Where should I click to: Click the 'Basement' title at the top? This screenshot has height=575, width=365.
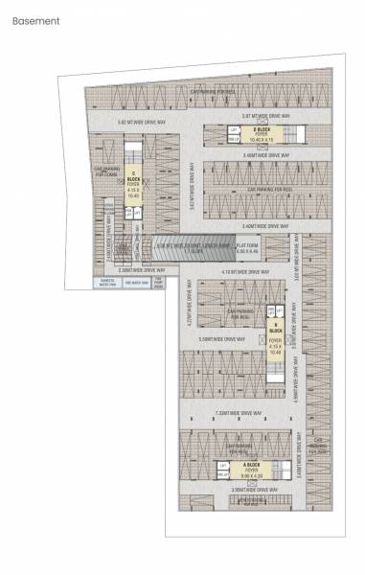[35, 20]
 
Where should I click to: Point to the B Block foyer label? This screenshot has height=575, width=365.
[275, 335]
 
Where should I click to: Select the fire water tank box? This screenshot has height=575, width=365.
[134, 284]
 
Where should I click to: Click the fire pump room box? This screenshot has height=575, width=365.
[157, 284]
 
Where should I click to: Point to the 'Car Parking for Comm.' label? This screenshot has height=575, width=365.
[105, 173]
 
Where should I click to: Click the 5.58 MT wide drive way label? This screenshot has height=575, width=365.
[218, 338]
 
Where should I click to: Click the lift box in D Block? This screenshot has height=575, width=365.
[233, 128]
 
